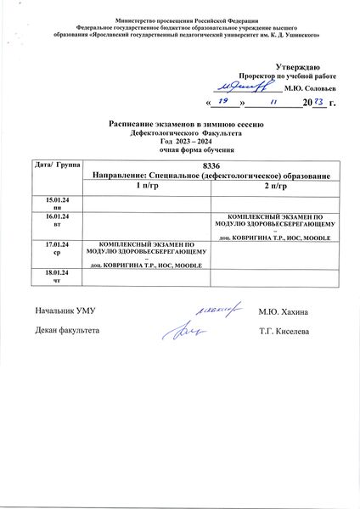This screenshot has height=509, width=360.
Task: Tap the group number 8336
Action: click(x=211, y=163)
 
